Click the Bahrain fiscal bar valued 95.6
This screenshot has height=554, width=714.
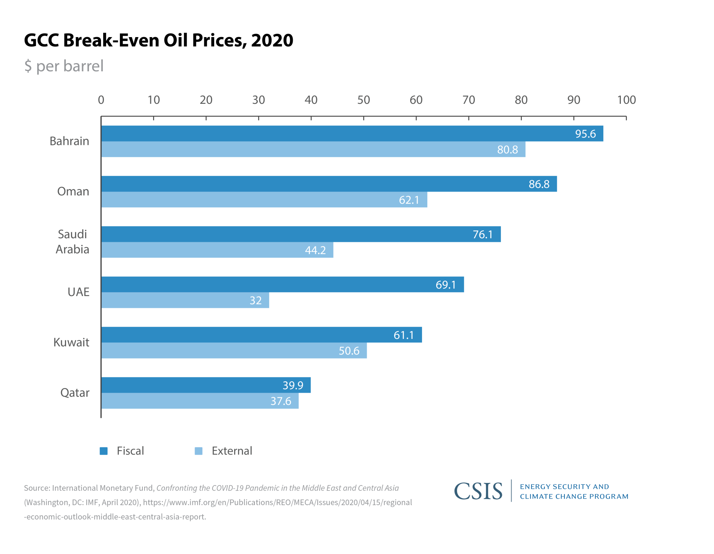352,133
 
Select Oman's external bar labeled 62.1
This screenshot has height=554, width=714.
264,200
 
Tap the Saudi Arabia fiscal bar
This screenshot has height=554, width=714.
301,234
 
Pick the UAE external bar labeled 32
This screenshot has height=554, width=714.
185,300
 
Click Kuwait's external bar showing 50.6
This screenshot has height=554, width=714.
234,351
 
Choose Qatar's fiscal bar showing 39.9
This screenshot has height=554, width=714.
206,385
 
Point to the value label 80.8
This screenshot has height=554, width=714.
507,149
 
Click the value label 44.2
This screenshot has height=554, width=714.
315,250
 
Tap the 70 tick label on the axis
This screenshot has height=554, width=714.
468,100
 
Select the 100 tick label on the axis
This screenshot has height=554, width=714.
626,100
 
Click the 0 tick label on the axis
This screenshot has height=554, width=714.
101,100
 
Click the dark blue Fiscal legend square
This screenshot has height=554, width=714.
104,451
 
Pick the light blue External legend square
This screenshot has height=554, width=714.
198,451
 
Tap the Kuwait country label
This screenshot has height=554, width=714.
71,342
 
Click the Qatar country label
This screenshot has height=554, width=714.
75,393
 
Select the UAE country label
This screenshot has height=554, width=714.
78,292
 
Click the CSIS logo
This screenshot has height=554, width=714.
478,491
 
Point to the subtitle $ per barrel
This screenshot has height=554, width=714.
64,66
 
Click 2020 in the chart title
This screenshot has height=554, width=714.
272,40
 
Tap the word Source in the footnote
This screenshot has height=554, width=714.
36,488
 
